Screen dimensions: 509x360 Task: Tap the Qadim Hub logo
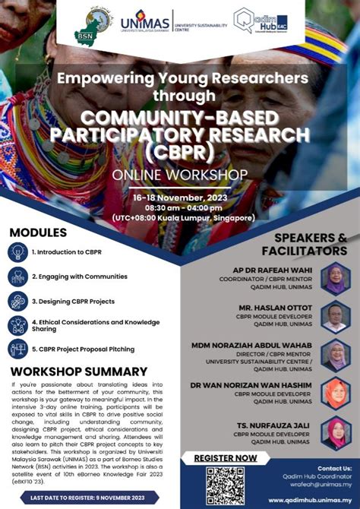(x=261, y=21)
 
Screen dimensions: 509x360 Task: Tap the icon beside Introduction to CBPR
(x=17, y=252)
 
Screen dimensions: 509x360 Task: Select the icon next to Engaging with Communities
(x=17, y=277)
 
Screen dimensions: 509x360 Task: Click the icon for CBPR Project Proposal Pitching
(x=17, y=349)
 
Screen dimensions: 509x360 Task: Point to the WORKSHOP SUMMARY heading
(x=79, y=371)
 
